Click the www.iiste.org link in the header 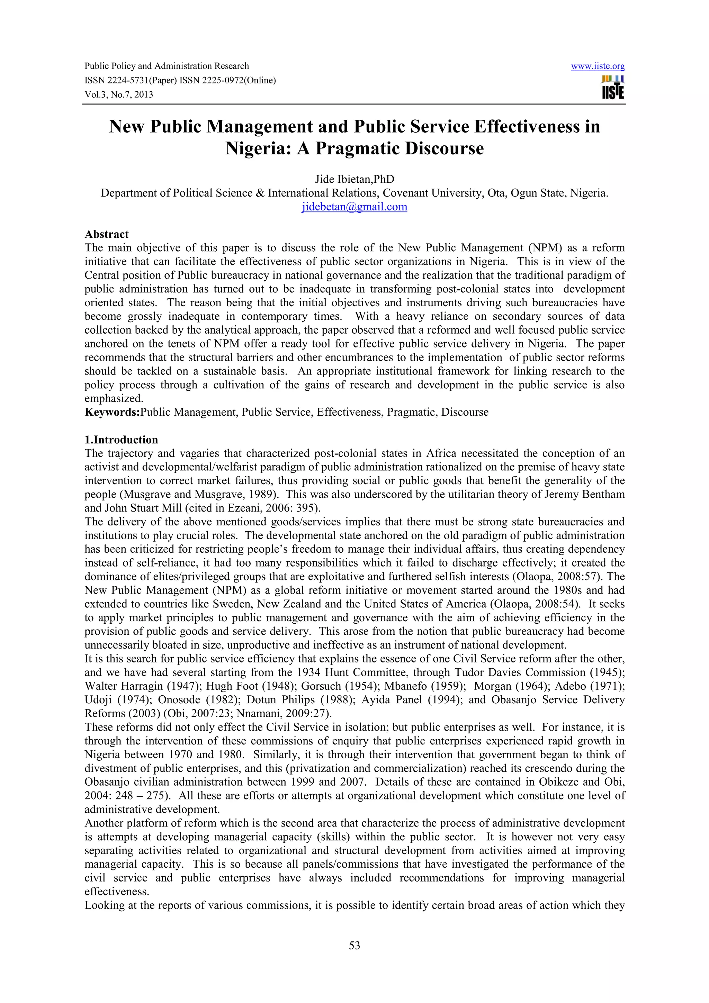point(598,66)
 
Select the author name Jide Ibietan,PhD point(354,179)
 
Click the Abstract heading point(107,234)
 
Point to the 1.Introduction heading point(121,440)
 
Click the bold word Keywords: point(112,412)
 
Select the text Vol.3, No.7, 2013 point(118,95)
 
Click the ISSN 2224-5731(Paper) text point(130,80)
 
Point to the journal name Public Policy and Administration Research point(167,66)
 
